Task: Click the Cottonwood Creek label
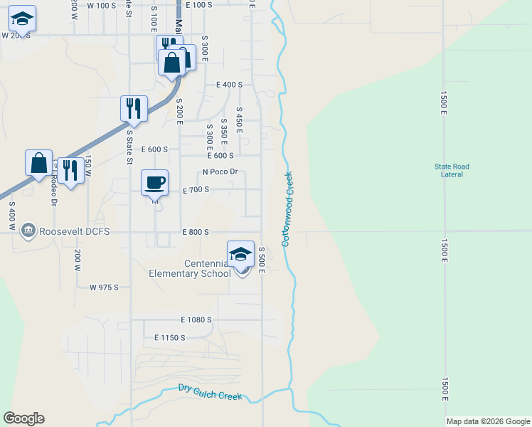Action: (x=289, y=209)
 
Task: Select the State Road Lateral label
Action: (x=452, y=171)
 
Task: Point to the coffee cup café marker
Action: (x=155, y=183)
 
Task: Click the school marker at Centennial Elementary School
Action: (x=241, y=254)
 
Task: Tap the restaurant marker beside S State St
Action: (x=134, y=108)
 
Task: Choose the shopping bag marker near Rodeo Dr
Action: (x=38, y=162)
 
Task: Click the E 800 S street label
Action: (x=195, y=232)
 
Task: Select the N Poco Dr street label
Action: (x=220, y=172)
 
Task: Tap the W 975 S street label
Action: (x=104, y=288)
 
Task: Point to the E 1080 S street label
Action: (x=196, y=320)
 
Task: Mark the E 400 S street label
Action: (x=230, y=85)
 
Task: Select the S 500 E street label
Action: (x=262, y=259)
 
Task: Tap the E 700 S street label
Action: (x=196, y=190)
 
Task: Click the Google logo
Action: (x=23, y=418)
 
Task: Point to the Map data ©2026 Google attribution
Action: (x=488, y=422)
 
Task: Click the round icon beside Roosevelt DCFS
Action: (x=28, y=231)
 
